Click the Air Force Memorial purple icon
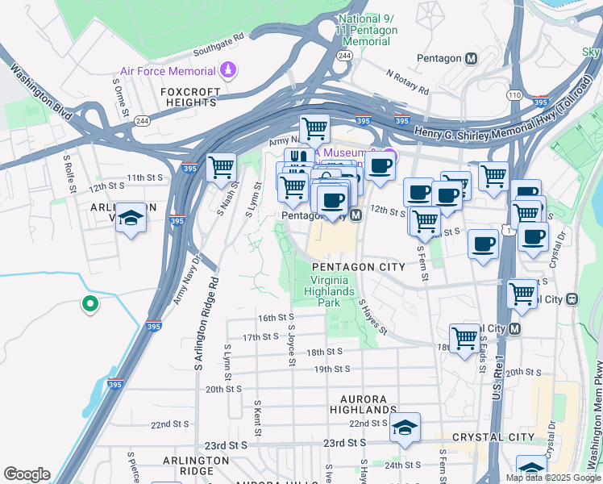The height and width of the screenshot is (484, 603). coord(230,70)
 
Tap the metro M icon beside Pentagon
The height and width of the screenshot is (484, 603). coord(472,58)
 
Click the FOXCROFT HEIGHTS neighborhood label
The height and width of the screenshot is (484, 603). coord(189,97)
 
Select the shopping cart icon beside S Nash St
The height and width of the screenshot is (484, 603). coord(221,168)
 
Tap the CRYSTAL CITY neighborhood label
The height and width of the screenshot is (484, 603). coord(493,437)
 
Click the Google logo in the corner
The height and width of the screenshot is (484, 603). coord(26,474)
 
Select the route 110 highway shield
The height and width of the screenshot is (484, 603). coord(514,95)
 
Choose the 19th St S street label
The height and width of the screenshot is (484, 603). coord(331,369)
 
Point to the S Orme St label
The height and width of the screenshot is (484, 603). coord(121,96)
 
